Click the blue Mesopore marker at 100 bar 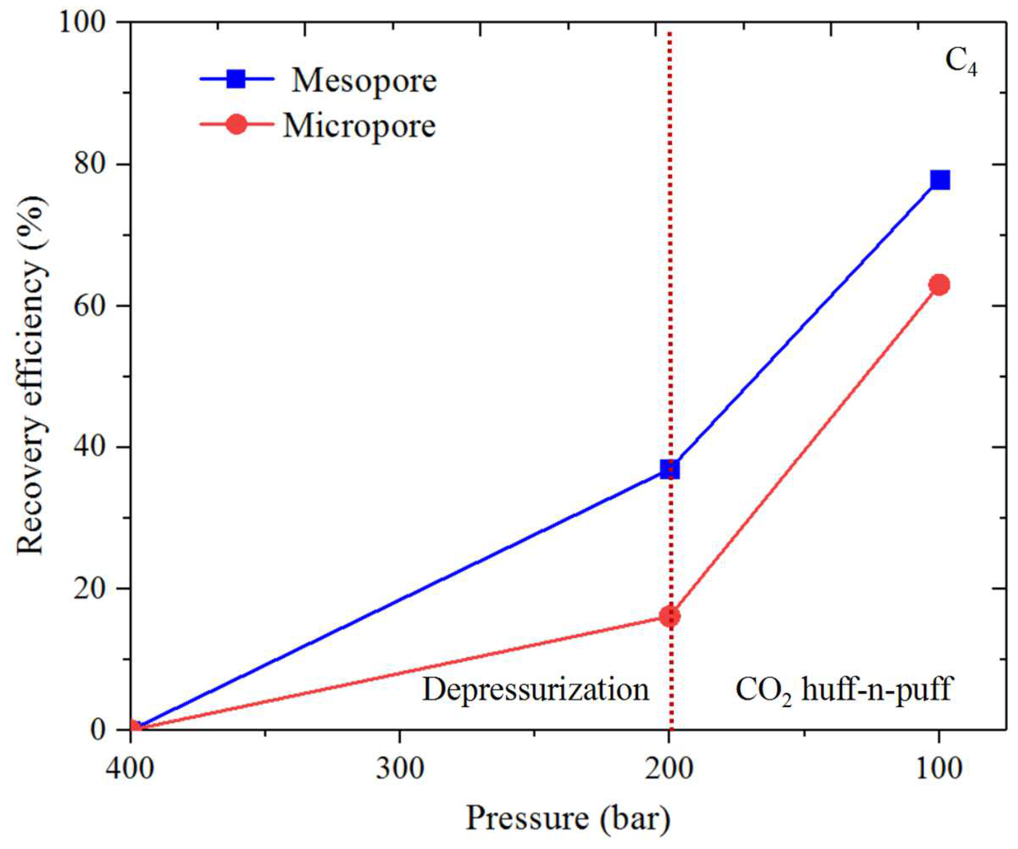(x=940, y=180)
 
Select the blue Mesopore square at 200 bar (x=670, y=469)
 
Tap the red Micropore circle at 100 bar (x=940, y=285)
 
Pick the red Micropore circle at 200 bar (x=670, y=616)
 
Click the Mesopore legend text (x=364, y=81)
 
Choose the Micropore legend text (x=359, y=126)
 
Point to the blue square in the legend (x=237, y=79)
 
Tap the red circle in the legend (x=237, y=125)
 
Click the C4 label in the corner (x=961, y=62)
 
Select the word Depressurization (x=535, y=689)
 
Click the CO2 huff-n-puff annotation (x=844, y=689)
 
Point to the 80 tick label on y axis (x=90, y=165)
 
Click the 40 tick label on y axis (x=90, y=447)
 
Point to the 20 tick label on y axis (x=90, y=588)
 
